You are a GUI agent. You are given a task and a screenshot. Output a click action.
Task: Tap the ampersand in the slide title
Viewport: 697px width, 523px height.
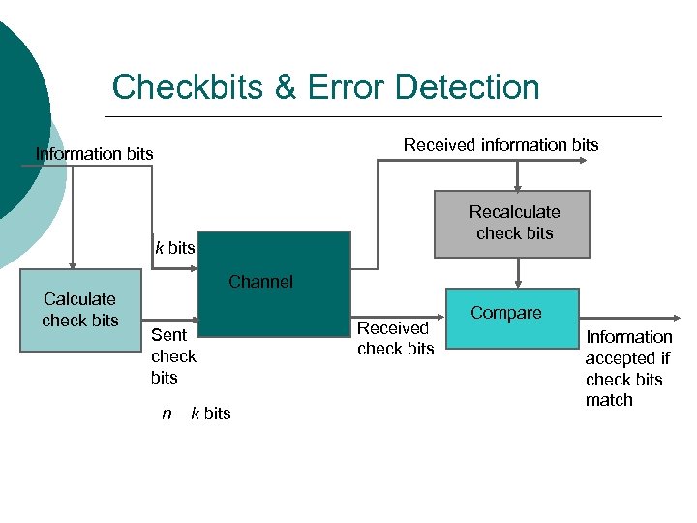click(x=286, y=87)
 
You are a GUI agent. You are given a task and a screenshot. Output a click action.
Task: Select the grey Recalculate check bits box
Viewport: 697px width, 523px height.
click(x=511, y=224)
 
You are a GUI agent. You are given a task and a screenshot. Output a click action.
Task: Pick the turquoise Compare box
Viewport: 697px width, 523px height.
click(x=511, y=320)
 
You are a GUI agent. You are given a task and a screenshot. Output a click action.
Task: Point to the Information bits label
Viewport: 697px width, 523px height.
click(x=94, y=154)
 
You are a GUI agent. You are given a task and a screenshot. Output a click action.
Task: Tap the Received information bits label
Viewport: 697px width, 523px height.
click(x=500, y=145)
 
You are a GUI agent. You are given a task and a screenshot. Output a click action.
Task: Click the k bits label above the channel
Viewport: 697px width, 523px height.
click(x=175, y=248)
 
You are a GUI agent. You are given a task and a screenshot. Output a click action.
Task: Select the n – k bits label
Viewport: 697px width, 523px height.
click(x=196, y=414)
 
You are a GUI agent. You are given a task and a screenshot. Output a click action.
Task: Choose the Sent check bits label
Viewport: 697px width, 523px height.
click(x=173, y=356)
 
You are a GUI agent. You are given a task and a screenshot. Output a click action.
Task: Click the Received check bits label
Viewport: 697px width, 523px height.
click(x=395, y=338)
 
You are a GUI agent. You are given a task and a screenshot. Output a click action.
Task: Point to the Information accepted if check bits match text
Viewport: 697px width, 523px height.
click(x=628, y=368)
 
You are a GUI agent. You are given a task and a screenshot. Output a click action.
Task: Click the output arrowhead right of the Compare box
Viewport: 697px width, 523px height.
click(x=673, y=319)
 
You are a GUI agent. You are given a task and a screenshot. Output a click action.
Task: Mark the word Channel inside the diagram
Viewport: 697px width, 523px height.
click(x=260, y=282)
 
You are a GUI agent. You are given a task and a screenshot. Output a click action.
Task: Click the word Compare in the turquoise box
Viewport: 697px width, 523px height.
click(x=505, y=313)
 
